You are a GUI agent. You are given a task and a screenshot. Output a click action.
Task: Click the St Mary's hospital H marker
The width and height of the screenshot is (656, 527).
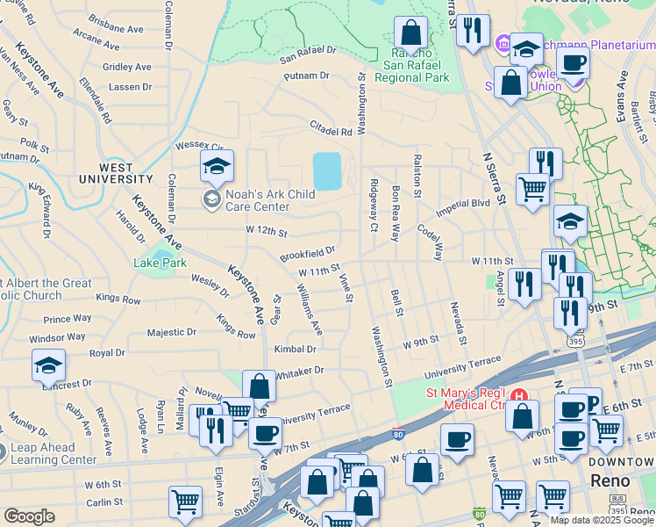coord(519,397)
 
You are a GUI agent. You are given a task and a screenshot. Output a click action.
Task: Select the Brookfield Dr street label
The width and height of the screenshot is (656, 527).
coord(308,254)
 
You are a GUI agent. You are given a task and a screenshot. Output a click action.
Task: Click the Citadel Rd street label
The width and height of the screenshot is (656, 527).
coord(331,132)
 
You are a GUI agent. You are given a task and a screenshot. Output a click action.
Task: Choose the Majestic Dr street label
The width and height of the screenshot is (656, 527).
coord(171,333)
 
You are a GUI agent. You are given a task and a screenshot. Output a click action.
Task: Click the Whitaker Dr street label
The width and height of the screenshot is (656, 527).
coord(299,372)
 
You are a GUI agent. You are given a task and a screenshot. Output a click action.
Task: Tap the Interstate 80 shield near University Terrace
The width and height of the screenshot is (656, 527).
coord(398,434)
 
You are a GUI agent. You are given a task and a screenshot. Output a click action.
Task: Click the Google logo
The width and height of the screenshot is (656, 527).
coord(30,516)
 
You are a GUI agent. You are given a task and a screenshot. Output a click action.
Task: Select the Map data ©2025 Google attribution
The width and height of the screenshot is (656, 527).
coord(601,520)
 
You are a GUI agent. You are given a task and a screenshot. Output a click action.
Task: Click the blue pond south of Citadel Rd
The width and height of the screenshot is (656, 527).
coord(326,171)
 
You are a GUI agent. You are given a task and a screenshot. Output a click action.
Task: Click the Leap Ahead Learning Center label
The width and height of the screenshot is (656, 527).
coord(53,453)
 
